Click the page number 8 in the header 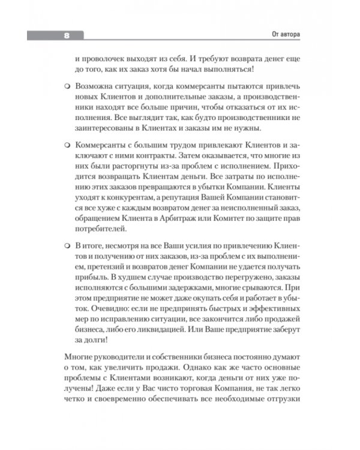point(67,35)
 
